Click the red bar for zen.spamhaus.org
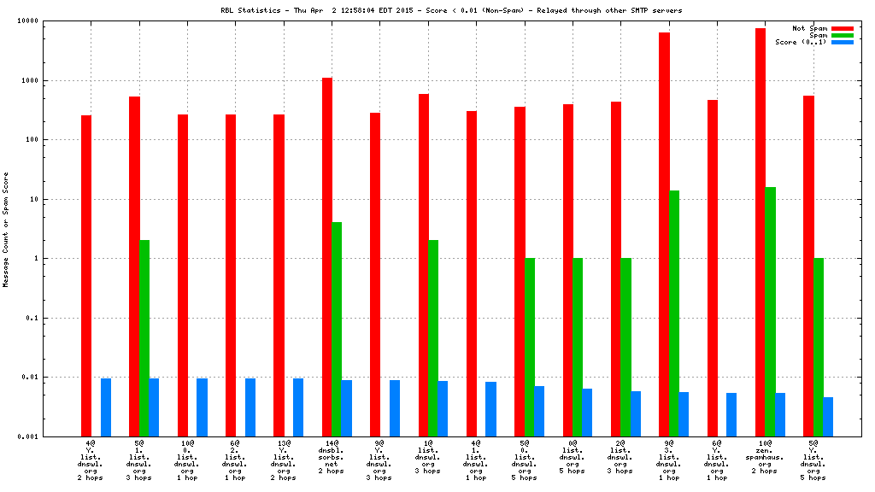[760, 231]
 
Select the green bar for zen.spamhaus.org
[770, 311]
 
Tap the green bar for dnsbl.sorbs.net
[337, 329]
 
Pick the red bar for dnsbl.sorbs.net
[327, 256]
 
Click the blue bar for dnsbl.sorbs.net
[346, 407]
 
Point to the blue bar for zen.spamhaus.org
[780, 414]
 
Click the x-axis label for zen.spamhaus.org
[766, 458]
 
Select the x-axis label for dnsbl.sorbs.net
[332, 458]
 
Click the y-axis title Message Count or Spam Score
[6, 229]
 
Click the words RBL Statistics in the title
[244, 10]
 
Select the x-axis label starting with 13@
[284, 458]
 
